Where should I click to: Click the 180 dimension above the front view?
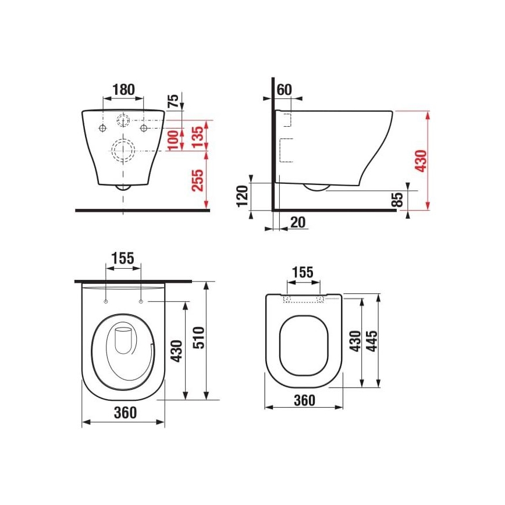coord(123,90)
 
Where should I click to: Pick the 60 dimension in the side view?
coord(284,90)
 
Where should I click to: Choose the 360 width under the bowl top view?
coord(124,413)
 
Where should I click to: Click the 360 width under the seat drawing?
coord(304,400)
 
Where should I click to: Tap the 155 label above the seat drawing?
coord(303,272)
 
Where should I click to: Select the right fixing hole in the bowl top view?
coord(141,301)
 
